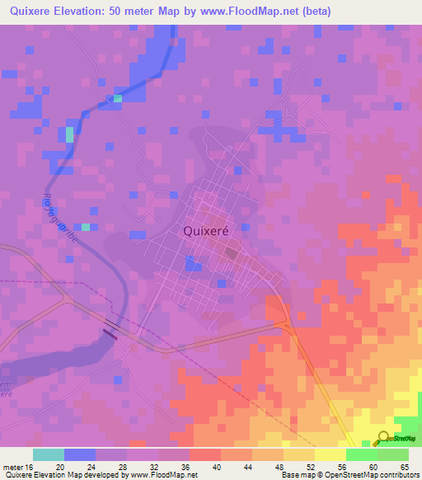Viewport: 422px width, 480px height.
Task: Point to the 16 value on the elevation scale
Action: [29, 466]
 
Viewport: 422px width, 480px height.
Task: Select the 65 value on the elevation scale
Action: [404, 466]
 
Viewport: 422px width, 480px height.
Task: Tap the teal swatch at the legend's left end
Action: [49, 454]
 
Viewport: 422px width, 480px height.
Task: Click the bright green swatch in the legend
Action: [361, 454]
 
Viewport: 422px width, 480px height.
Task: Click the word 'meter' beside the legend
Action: [12, 466]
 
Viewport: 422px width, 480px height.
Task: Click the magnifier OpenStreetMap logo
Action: [382, 439]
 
